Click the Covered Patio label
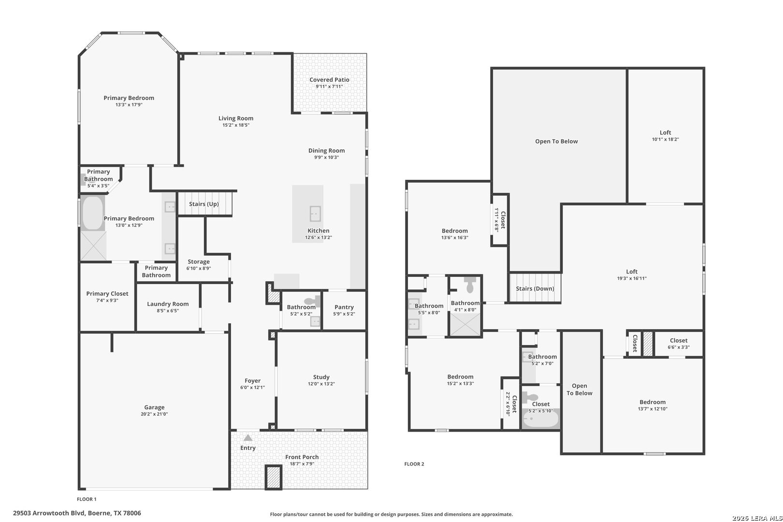pos(329,80)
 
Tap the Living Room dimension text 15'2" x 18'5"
pos(236,125)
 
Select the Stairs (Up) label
pos(204,204)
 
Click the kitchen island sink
pos(315,214)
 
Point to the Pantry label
pos(344,307)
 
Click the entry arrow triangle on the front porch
pos(248,437)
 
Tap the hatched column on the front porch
pos(274,477)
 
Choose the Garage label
pos(154,407)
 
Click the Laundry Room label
pos(168,304)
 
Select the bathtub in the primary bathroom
pos(93,213)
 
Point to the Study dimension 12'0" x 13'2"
pos(321,384)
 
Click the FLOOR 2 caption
pos(414,464)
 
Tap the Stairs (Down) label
pos(535,289)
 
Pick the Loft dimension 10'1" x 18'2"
pos(665,139)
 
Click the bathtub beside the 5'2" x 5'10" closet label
pos(541,420)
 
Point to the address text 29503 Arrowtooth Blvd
pos(49,513)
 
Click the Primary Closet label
pos(107,294)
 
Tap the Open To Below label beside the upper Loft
pos(556,141)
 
